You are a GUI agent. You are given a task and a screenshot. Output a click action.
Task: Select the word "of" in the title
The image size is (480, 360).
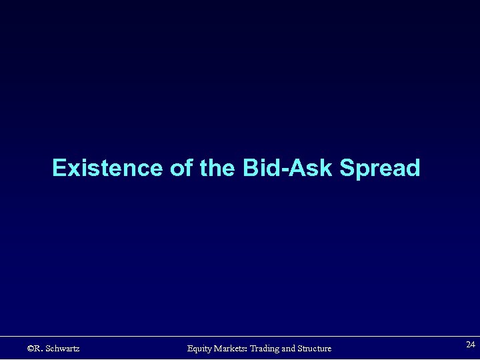(181, 168)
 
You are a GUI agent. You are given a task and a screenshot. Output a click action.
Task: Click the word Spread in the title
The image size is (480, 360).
(380, 169)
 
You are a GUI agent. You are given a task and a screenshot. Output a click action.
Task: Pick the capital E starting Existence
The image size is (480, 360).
(59, 168)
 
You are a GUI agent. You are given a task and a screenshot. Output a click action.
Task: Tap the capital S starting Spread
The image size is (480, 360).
(347, 168)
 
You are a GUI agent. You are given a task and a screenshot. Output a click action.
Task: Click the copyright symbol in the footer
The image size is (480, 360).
(31, 348)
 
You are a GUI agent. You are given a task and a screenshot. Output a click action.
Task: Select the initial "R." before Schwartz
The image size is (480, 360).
(39, 348)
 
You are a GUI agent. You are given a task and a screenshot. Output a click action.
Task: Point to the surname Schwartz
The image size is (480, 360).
(63, 348)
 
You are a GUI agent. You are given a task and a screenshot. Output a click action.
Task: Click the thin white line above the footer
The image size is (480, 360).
(240, 336)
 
